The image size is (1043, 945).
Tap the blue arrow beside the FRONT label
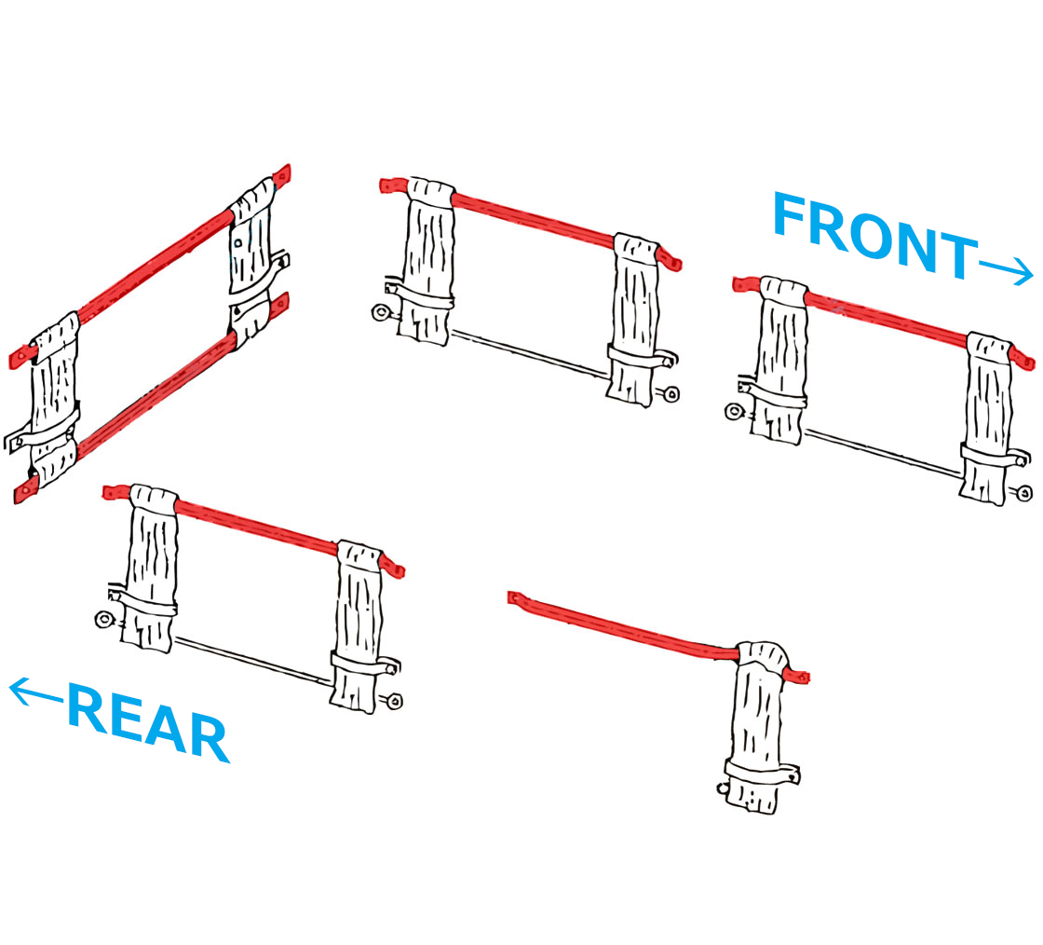tap(1006, 270)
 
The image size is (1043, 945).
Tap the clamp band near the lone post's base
tap(762, 773)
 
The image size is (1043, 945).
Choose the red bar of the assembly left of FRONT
tap(531, 213)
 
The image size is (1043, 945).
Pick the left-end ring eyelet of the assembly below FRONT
tap(735, 411)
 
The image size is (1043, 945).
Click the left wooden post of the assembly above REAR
tap(149, 568)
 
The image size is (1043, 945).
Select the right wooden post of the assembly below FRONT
tap(987, 419)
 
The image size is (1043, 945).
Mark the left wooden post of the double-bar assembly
tap(53, 401)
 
